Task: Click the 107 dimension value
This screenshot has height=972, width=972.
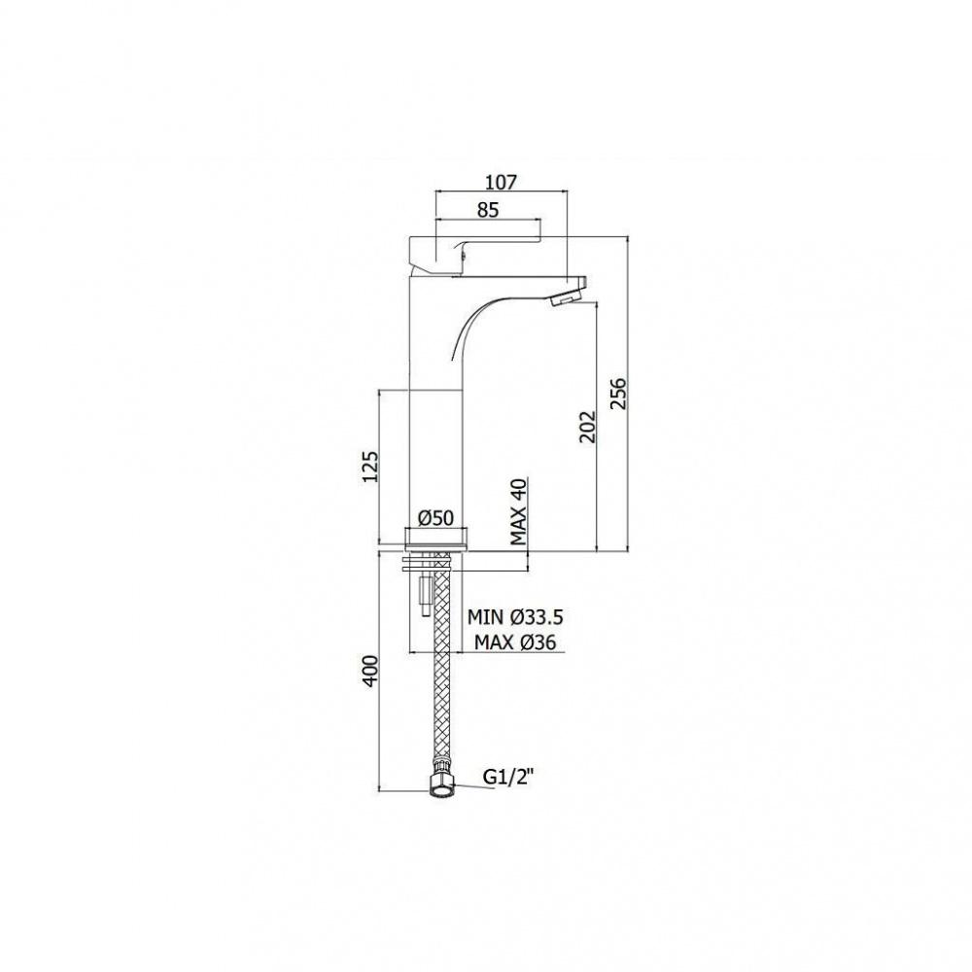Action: click(x=501, y=183)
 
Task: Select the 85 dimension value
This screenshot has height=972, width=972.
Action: click(x=488, y=210)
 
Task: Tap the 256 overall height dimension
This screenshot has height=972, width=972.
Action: click(x=618, y=394)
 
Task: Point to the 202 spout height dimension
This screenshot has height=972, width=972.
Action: click(x=586, y=427)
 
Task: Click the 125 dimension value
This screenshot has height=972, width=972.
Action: click(x=369, y=467)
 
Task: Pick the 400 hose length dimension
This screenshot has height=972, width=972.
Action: click(x=369, y=670)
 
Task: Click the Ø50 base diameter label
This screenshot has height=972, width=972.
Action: click(x=436, y=517)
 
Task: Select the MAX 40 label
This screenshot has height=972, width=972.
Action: click(x=518, y=511)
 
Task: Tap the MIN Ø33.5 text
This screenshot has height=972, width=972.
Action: click(x=515, y=617)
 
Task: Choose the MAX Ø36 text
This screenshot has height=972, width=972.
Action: click(x=515, y=642)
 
